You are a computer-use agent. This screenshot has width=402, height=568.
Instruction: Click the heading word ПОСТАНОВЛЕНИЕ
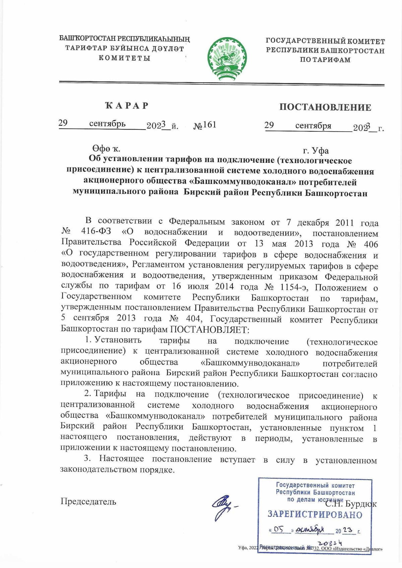pyautogui.click(x=325, y=107)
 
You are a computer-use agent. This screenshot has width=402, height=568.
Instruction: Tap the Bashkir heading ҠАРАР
pyautogui.click(x=127, y=106)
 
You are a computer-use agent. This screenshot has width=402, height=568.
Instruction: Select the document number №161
pyautogui.click(x=205, y=125)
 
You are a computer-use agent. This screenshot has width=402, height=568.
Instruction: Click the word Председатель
pyautogui.click(x=88, y=501)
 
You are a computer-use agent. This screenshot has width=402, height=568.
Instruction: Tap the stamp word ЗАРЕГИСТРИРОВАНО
pyautogui.click(x=315, y=514)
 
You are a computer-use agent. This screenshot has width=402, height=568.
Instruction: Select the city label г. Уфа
pyautogui.click(x=316, y=151)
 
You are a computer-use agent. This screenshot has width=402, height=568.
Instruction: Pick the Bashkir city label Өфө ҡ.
pyautogui.click(x=106, y=148)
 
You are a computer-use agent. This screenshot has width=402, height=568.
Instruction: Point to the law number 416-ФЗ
pyautogui.click(x=96, y=232)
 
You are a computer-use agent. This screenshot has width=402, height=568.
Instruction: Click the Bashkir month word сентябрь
pyautogui.click(x=107, y=124)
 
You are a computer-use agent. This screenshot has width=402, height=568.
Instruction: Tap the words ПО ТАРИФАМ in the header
pyautogui.click(x=325, y=60)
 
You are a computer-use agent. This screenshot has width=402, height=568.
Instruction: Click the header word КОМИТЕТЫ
pyautogui.click(x=124, y=58)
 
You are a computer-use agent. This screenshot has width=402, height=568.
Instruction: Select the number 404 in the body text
pyautogui.click(x=193, y=318)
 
